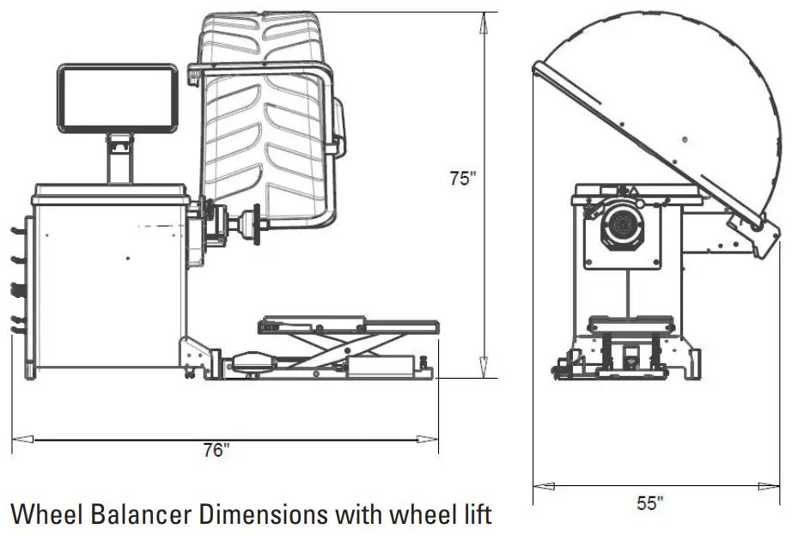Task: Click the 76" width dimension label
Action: coord(217,450)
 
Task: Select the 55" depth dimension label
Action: coord(650,502)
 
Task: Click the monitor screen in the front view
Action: coord(119,99)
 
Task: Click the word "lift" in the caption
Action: coord(474,514)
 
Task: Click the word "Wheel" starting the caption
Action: coord(44,514)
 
